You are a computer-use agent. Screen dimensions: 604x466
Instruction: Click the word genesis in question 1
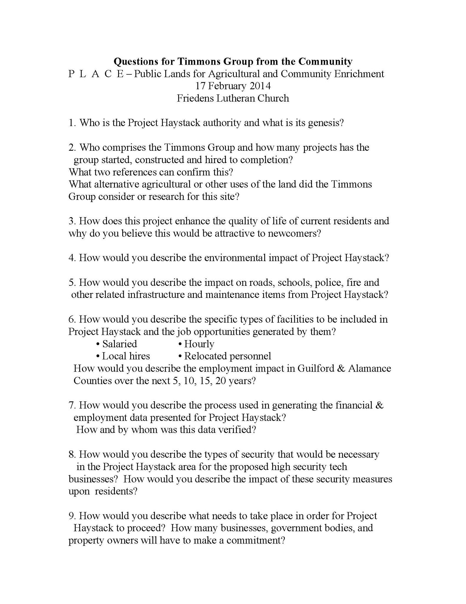pyautogui.click(x=326, y=123)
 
